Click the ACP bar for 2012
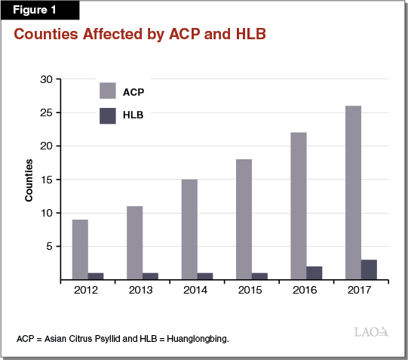(x=80, y=249)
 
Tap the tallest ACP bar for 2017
(x=353, y=192)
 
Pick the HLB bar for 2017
(x=369, y=269)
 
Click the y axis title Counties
(x=29, y=180)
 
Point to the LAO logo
(x=371, y=331)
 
